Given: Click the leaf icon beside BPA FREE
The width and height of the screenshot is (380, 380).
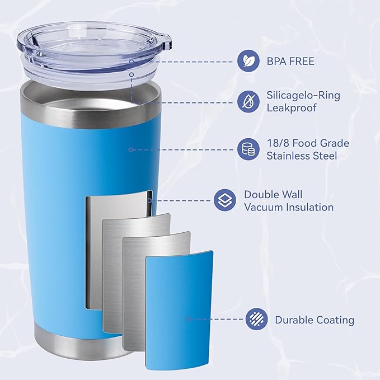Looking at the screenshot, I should pyautogui.click(x=247, y=61).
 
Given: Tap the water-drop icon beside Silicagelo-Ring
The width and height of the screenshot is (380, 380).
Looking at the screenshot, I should pyautogui.click(x=247, y=102).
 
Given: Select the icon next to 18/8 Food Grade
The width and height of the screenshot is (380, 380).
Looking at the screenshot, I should pyautogui.click(x=247, y=149).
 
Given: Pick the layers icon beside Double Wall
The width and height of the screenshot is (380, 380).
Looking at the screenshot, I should pyautogui.click(x=224, y=200).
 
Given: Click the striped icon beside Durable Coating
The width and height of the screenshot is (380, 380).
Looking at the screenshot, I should pyautogui.click(x=256, y=320).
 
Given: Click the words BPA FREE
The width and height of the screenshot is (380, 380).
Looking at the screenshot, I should pyautogui.click(x=290, y=61).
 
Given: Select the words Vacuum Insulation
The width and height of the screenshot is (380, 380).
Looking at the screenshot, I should pyautogui.click(x=289, y=207).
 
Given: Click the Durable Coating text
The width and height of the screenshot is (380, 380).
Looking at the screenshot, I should pyautogui.click(x=315, y=320).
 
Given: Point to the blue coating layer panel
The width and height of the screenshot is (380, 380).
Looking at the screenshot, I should pyautogui.click(x=179, y=313).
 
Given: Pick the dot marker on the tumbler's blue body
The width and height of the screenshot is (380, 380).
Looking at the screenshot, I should pyautogui.click(x=130, y=149).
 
